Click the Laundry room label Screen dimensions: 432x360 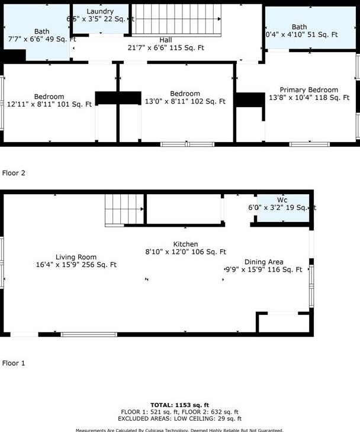pyautogui.click(x=99, y=12)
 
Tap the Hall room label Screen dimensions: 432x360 pyautogui.click(x=166, y=40)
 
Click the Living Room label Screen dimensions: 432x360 pyautogui.click(x=76, y=257)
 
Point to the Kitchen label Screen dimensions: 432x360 pyautogui.click(x=185, y=244)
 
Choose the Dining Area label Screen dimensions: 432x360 pyautogui.click(x=263, y=262)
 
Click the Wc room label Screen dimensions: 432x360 pyautogui.click(x=282, y=200)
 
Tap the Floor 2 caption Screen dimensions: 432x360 pyautogui.click(x=14, y=173)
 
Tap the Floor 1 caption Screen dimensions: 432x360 pyautogui.click(x=14, y=363)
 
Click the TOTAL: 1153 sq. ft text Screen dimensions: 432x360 pyautogui.click(x=179, y=404)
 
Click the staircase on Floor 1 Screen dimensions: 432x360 pyautogui.click(x=124, y=211)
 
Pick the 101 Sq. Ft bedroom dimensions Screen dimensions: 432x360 pyautogui.click(x=49, y=105)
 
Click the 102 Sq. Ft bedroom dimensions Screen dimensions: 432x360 pyautogui.click(x=185, y=102)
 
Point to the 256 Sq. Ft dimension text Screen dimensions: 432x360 pyautogui.click(x=76, y=265)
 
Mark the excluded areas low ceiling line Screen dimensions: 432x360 pyautogui.click(x=179, y=418)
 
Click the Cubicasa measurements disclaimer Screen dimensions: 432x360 pyautogui.click(x=179, y=430)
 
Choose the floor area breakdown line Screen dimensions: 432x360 pyautogui.click(x=179, y=411)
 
